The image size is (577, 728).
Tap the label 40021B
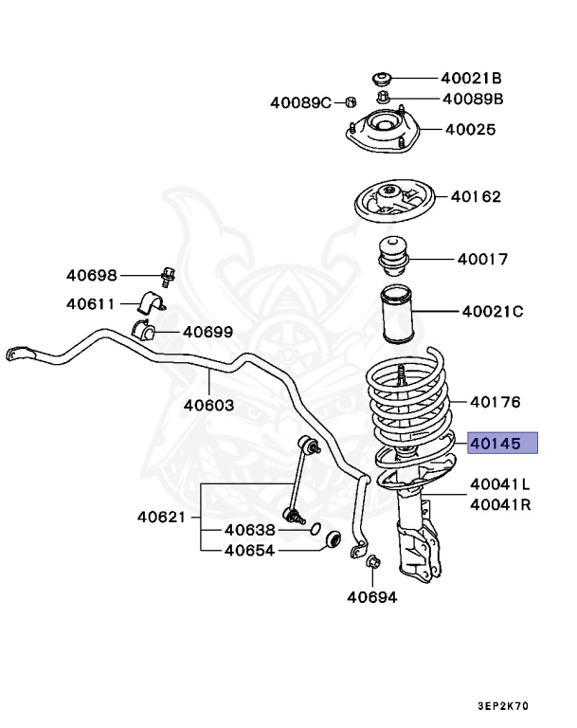click(470, 78)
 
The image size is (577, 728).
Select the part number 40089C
click(300, 101)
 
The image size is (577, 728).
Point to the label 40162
click(476, 197)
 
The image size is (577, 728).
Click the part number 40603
click(208, 404)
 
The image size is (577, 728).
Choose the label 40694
click(371, 597)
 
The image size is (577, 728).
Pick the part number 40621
click(162, 518)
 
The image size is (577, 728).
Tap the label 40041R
click(500, 505)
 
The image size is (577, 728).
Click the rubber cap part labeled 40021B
click(384, 77)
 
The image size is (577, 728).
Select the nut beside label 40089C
click(349, 101)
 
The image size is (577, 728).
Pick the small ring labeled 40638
click(316, 529)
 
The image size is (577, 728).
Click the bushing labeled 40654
click(333, 540)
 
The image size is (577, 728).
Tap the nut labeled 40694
click(371, 565)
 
